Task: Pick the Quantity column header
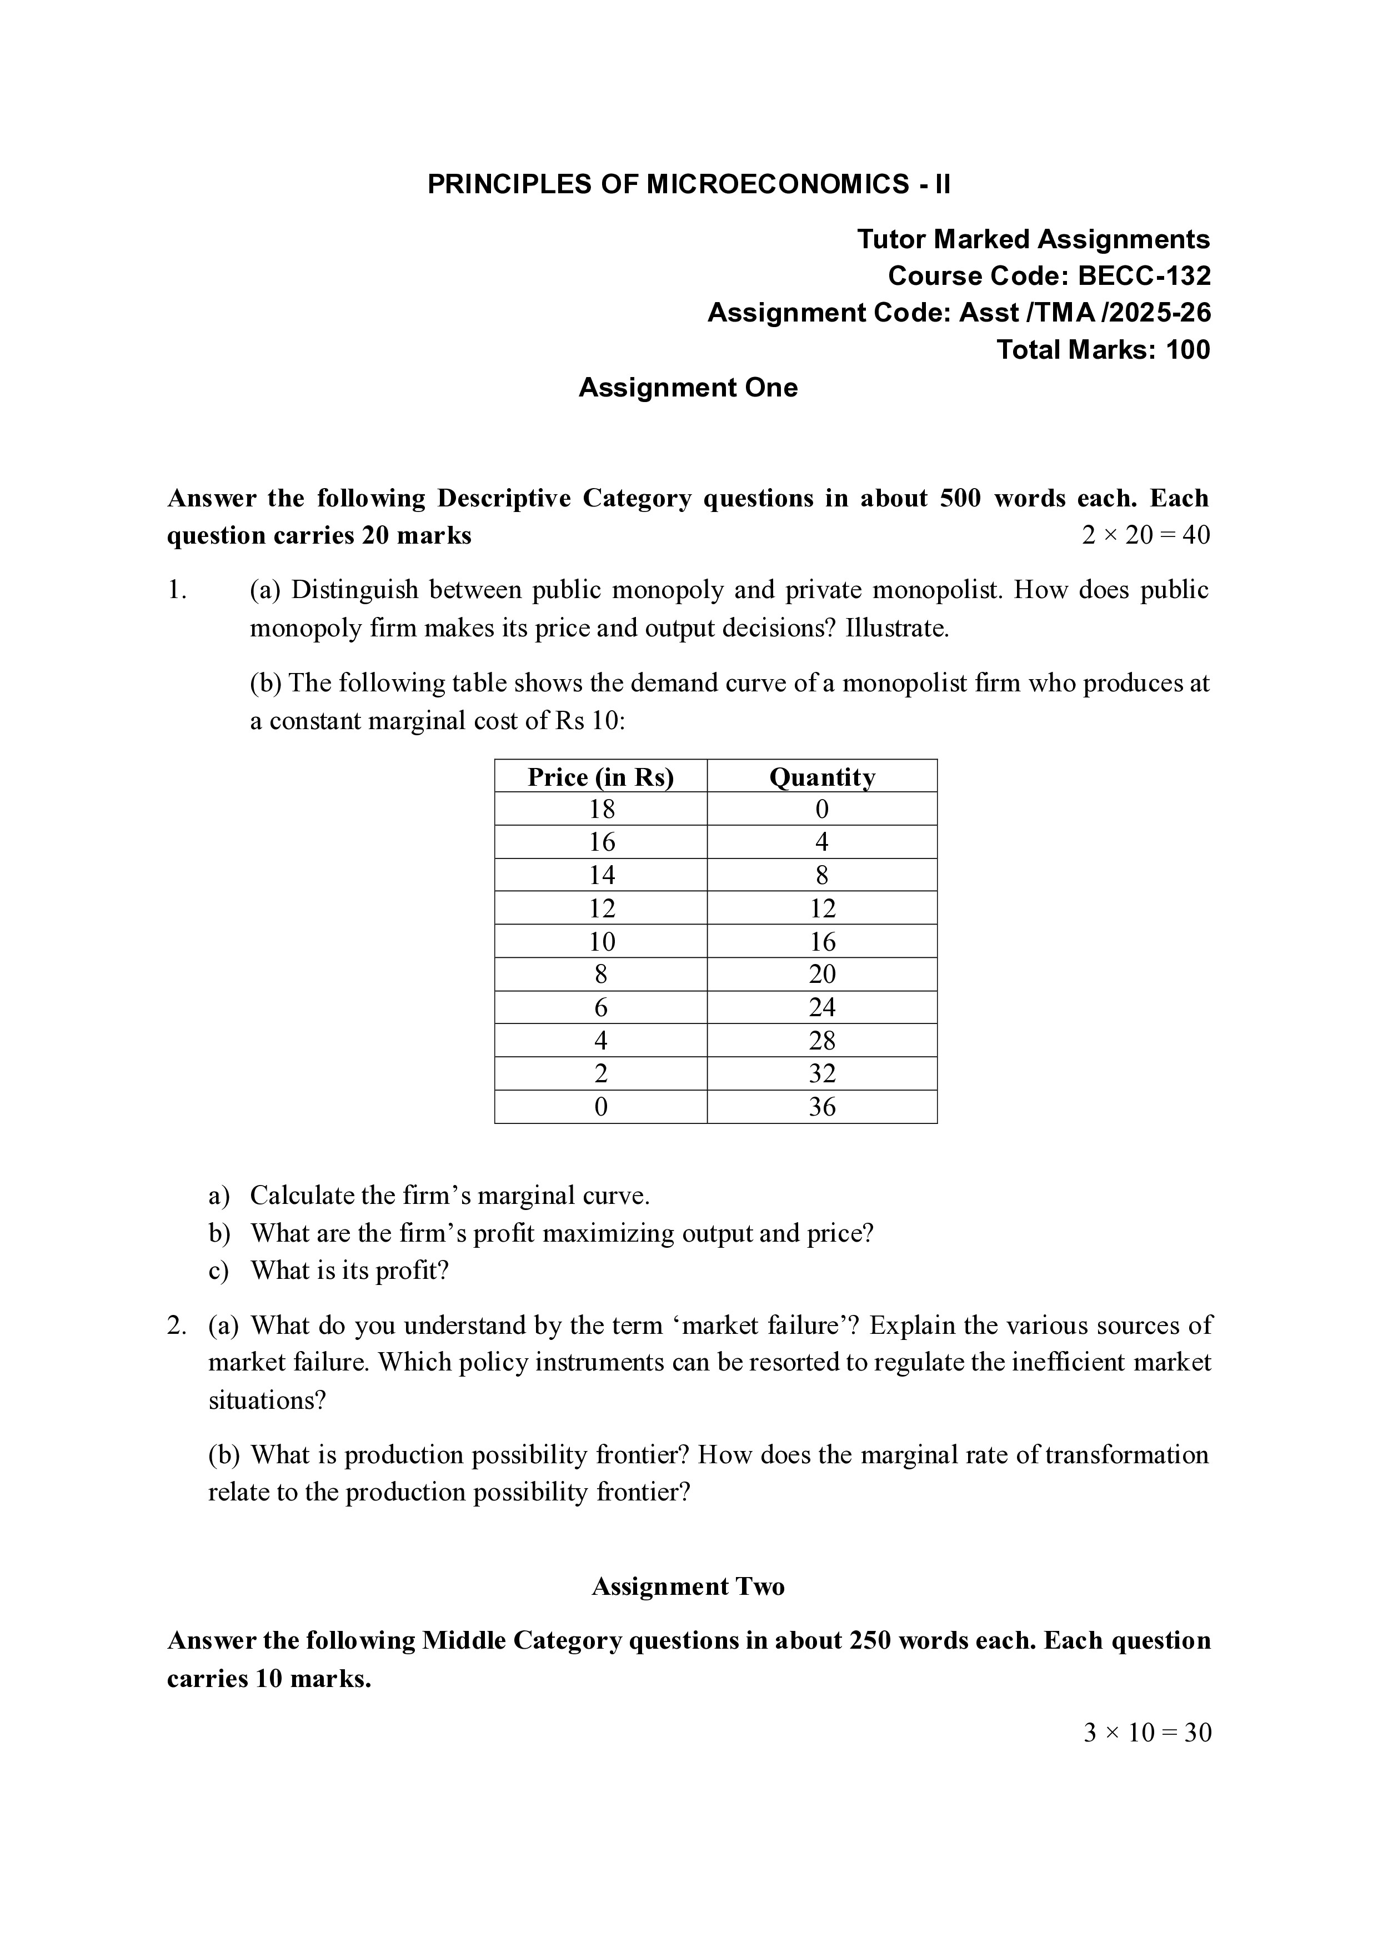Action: [x=821, y=777]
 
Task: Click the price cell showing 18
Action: [x=601, y=810]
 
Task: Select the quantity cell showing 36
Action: [x=821, y=1107]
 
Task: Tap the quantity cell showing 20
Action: [x=821, y=974]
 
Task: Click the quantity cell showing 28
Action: [x=821, y=1041]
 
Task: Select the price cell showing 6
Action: [x=601, y=1008]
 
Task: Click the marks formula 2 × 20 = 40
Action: [x=1145, y=535]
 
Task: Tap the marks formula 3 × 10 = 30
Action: [x=1146, y=1733]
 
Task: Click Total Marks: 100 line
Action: [x=1103, y=349]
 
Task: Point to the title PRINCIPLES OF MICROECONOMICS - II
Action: [x=688, y=184]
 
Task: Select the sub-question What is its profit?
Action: [x=349, y=1271]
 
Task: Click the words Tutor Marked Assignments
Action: [x=1033, y=239]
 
